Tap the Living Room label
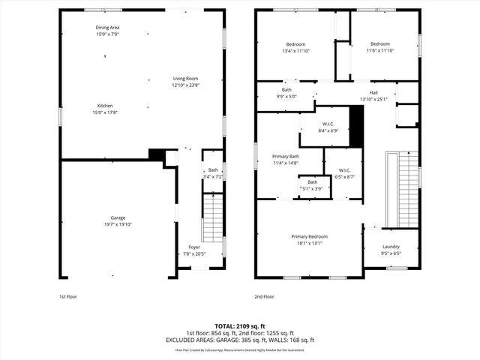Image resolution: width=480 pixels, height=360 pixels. [185, 79]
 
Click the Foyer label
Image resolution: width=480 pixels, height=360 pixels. [194, 247]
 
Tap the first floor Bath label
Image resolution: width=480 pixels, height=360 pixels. [213, 170]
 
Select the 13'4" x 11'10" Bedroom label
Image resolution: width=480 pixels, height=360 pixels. [295, 44]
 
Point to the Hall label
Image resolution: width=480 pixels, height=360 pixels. [373, 93]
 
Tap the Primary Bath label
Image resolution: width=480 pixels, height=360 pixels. [285, 157]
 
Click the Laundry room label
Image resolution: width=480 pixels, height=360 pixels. [391, 247]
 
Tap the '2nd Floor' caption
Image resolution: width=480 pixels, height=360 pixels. [264, 297]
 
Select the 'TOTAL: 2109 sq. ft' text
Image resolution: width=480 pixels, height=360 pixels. [240, 326]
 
